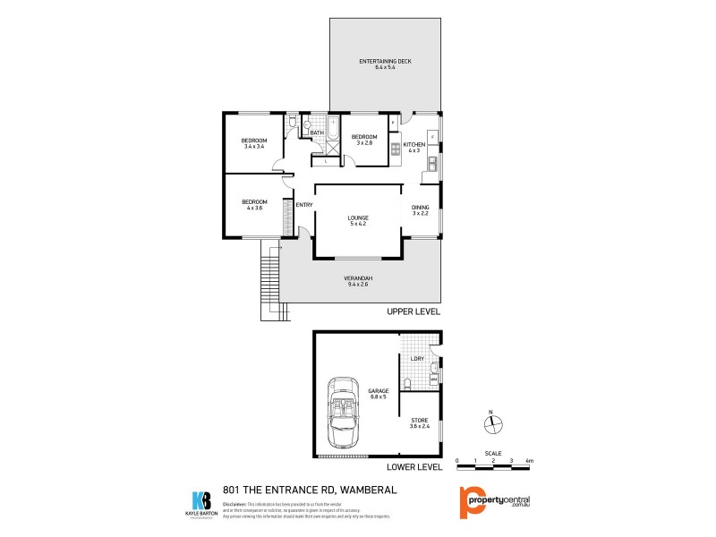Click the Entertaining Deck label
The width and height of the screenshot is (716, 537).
coord(385,64)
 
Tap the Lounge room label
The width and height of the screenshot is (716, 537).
coord(358,221)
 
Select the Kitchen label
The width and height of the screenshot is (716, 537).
coord(414,148)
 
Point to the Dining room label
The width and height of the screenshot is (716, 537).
coord(421,211)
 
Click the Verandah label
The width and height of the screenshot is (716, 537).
coord(358,282)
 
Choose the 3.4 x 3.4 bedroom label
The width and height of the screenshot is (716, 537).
coord(254,144)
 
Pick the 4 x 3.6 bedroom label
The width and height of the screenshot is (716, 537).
coord(253,205)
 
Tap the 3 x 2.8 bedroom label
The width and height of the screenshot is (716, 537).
coord(364,140)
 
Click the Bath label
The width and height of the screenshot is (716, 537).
coord(317,134)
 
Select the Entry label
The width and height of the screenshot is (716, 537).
coord(304,205)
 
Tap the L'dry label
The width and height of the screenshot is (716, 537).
coord(416,359)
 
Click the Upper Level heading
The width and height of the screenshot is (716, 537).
coord(413,312)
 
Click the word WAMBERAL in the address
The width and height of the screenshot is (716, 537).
coord(366,490)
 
